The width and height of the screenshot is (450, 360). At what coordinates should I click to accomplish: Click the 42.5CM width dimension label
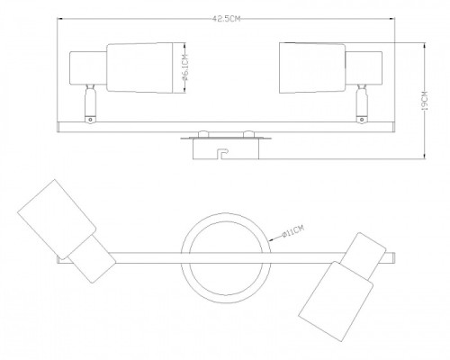(227, 19)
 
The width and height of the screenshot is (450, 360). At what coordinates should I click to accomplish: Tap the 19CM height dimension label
(425, 101)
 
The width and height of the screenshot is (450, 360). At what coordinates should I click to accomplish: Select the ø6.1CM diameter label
(185, 68)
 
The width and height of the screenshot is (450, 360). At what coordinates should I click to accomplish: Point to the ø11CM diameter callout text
(293, 232)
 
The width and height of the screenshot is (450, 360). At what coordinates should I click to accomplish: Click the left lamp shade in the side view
(139, 68)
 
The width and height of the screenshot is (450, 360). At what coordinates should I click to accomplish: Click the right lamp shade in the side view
(312, 68)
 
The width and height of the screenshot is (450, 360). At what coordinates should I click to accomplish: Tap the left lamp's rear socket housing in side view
(88, 68)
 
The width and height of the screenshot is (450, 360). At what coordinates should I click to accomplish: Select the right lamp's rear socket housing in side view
(364, 68)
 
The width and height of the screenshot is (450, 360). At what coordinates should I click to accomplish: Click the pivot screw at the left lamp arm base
(90, 120)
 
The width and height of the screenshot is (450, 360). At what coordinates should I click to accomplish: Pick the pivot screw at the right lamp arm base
(362, 120)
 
